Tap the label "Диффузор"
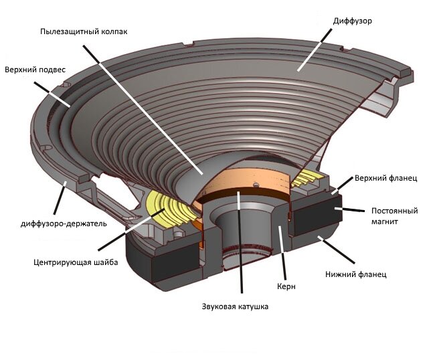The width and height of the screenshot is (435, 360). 352,21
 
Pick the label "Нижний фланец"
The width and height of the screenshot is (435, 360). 355,274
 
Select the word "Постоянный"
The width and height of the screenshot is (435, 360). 395,211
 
